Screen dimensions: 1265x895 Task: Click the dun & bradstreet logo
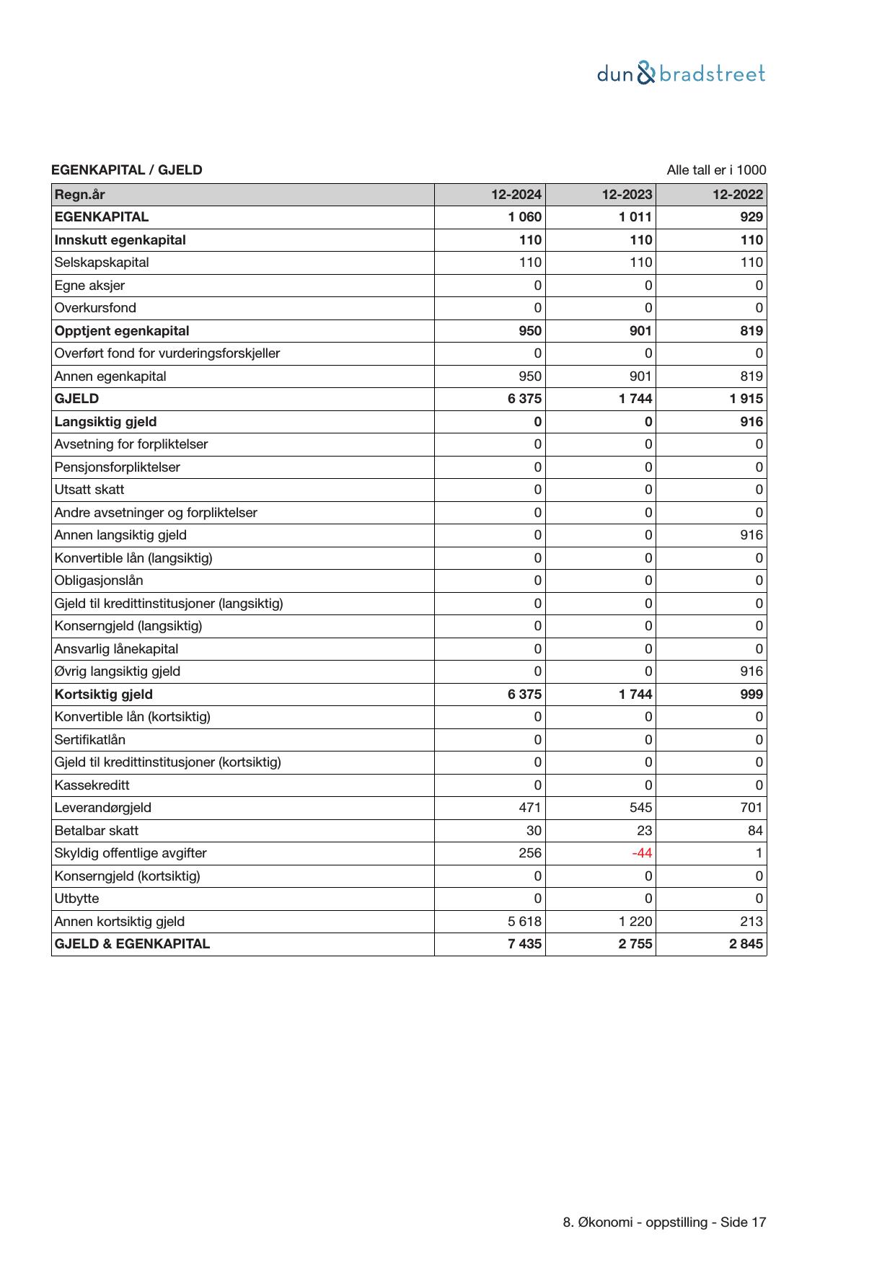tap(681, 74)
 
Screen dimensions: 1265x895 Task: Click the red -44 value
tap(642, 853)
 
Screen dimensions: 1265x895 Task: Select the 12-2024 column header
tap(516, 195)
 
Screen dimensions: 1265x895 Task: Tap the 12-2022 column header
tap(738, 195)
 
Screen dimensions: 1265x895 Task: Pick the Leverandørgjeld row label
tap(102, 808)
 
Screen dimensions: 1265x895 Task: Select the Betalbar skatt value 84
tap(755, 831)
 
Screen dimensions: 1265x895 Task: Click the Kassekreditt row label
tap(92, 785)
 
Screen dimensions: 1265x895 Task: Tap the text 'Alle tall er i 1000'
tap(716, 170)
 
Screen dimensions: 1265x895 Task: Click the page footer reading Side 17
tap(664, 1222)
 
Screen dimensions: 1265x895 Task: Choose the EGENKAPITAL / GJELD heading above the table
tap(127, 170)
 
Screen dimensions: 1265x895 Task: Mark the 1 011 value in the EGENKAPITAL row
tap(635, 217)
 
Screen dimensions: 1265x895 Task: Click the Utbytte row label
tap(76, 899)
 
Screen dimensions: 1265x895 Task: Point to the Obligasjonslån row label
tap(99, 581)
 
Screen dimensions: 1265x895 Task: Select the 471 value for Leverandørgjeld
tap(530, 808)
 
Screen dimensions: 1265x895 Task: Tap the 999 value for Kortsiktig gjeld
tap(751, 695)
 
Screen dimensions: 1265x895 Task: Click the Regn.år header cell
tap(79, 195)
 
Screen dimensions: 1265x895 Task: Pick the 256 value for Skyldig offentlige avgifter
tap(530, 853)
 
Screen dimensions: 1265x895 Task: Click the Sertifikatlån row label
tap(89, 740)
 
